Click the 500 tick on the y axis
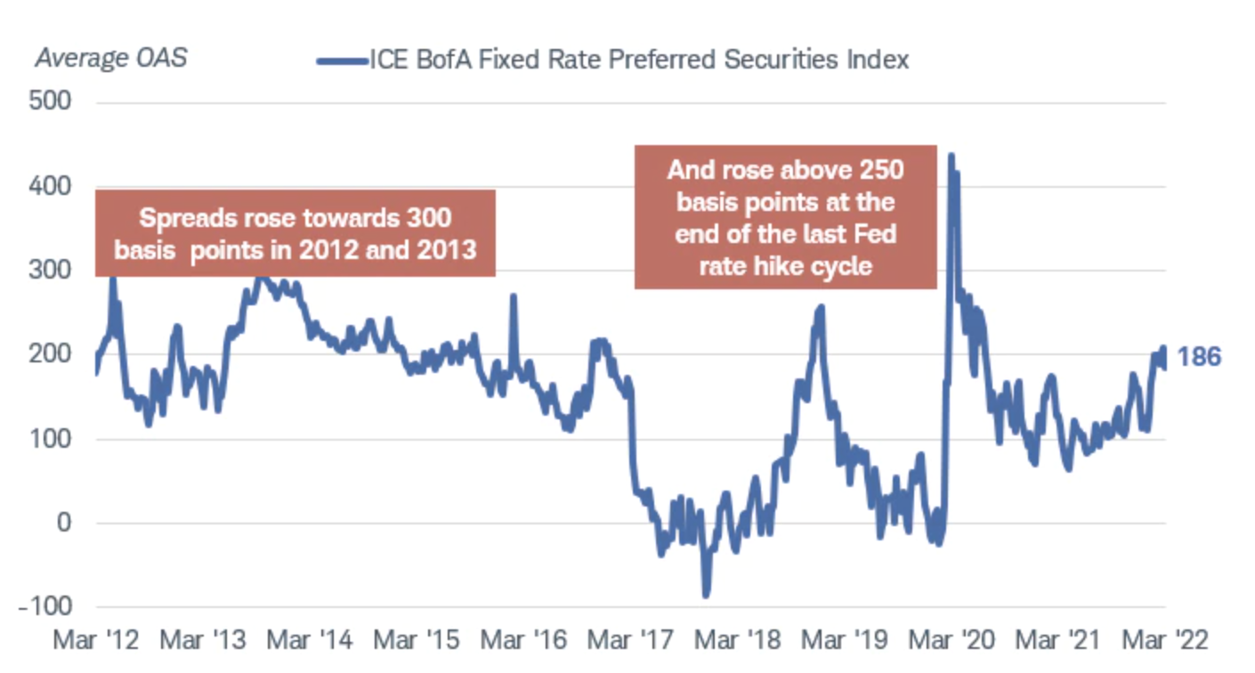point(53,101)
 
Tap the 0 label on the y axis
point(63,523)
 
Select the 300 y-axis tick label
point(53,270)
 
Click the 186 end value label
point(1199,358)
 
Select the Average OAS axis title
point(111,60)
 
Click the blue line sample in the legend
point(342,61)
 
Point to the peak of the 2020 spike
point(951,156)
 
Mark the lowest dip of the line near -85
point(706,595)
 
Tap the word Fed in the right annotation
point(878,234)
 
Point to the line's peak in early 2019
point(820,307)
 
